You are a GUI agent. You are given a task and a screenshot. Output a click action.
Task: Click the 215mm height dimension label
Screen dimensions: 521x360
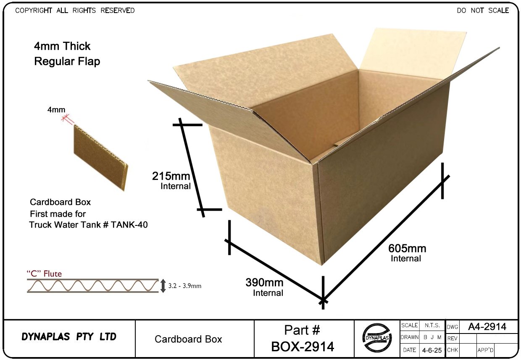point(171,176)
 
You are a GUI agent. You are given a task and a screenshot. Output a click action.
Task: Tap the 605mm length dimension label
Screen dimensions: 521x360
point(407,249)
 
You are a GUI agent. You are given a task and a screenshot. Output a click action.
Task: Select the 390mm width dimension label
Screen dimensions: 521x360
point(264,283)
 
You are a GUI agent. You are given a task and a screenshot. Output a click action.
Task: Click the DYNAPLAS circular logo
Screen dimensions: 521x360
point(377,337)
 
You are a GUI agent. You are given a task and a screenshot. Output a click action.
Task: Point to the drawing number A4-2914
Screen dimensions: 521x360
point(487,327)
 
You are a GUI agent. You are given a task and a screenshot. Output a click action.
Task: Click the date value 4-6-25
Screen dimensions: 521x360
point(432,350)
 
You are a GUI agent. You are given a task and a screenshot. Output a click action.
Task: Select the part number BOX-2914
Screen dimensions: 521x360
point(303,347)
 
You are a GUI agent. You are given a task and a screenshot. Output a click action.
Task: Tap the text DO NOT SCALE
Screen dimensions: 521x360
point(483,11)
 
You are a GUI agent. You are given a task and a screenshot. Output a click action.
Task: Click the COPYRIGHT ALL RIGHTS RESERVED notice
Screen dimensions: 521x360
point(75,11)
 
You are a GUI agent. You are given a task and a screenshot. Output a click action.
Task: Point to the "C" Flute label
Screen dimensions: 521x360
point(44,274)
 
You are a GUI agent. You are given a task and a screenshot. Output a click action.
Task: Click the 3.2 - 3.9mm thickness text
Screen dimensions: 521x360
point(185,286)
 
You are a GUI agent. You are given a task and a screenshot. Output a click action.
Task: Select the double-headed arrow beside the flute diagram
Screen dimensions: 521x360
point(163,286)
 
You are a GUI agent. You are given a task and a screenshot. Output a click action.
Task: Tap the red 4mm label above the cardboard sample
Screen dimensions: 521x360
point(56,110)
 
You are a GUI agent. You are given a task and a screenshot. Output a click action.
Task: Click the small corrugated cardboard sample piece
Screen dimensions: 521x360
point(101,158)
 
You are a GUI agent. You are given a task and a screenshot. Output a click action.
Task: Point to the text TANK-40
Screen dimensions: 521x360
point(129,225)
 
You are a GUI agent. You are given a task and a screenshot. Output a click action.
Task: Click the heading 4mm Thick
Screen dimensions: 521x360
point(62,46)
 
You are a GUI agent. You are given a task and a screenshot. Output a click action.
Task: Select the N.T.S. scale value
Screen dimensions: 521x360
point(432,326)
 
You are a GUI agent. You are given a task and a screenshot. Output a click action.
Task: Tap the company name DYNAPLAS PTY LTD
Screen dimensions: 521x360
point(69,337)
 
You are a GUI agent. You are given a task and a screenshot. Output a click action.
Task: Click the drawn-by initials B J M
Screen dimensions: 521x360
point(432,337)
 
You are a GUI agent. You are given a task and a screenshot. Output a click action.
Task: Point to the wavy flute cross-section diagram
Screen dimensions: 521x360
point(92,286)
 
